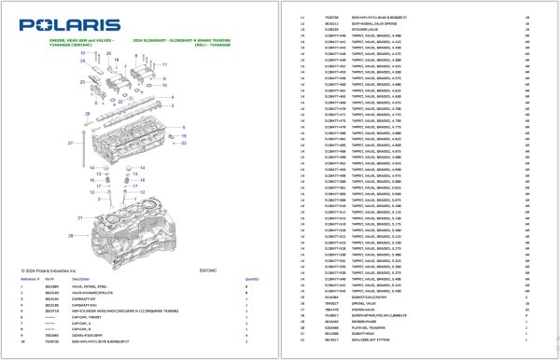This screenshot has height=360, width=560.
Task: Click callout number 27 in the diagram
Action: coord(70,143)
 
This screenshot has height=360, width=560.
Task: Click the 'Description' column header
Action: coord(81,279)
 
